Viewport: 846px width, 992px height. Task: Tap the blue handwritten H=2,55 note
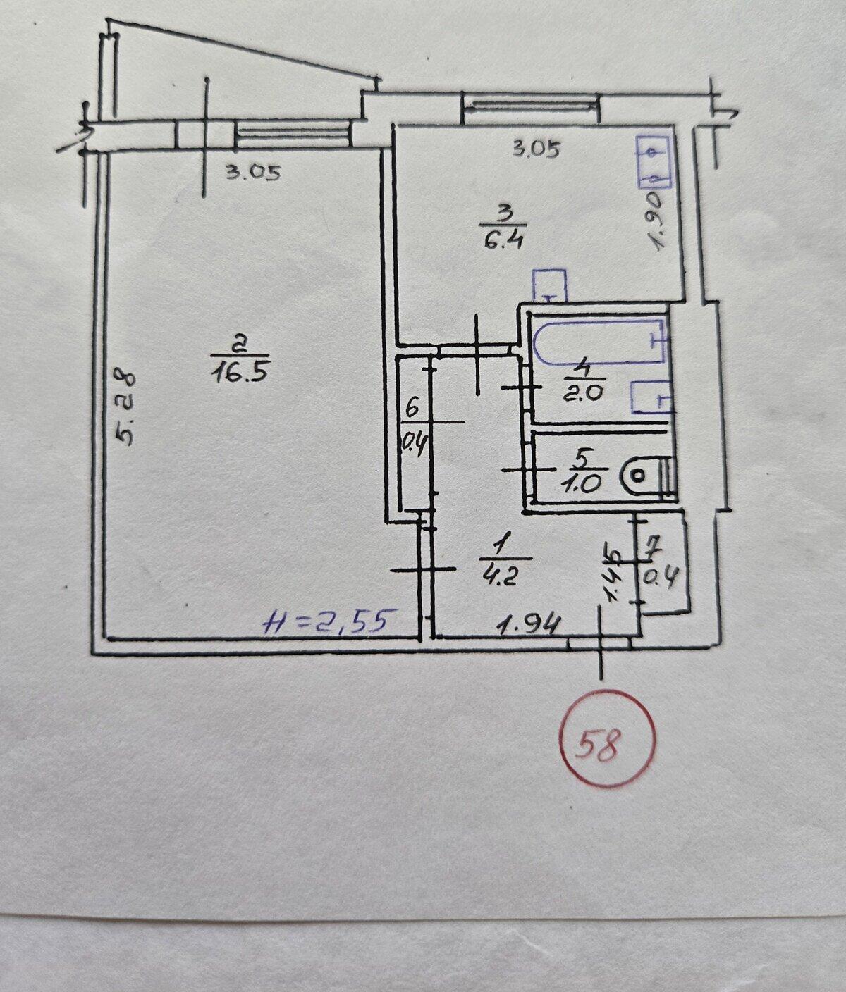pyautogui.click(x=331, y=621)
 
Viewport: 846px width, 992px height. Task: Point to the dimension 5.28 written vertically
pyautogui.click(x=125, y=407)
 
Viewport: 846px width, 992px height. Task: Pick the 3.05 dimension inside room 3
pyautogui.click(x=536, y=150)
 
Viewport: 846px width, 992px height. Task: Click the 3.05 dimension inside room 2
pyautogui.click(x=253, y=173)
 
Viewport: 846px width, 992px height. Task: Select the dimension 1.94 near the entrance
pyautogui.click(x=529, y=626)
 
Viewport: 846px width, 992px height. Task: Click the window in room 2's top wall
pyautogui.click(x=293, y=135)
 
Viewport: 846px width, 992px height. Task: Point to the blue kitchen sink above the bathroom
pyautogui.click(x=550, y=285)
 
